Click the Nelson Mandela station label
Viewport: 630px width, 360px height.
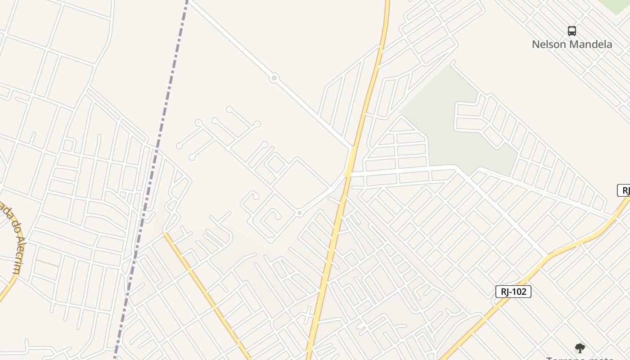pyautogui.click(x=571, y=44)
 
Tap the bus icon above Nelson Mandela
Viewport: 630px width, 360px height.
pyautogui.click(x=571, y=31)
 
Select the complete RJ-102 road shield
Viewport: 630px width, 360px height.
pyautogui.click(x=513, y=292)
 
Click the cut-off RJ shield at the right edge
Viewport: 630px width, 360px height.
pyautogui.click(x=624, y=190)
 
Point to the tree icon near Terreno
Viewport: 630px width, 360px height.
pyautogui.click(x=580, y=347)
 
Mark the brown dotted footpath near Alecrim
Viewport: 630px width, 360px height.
pyautogui.click(x=47, y=263)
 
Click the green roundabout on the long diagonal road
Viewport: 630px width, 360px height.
pyautogui.click(x=274, y=78)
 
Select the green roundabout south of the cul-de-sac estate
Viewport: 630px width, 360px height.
pyautogui.click(x=299, y=213)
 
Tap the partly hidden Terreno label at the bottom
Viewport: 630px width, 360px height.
pyautogui.click(x=580, y=358)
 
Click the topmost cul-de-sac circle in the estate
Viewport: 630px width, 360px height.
pyautogui.click(x=229, y=109)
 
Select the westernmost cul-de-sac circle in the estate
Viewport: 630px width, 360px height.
pyautogui.click(x=179, y=146)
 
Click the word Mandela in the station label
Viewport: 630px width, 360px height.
pyautogui.click(x=590, y=44)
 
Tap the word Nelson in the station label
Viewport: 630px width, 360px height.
pyautogui.click(x=549, y=44)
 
